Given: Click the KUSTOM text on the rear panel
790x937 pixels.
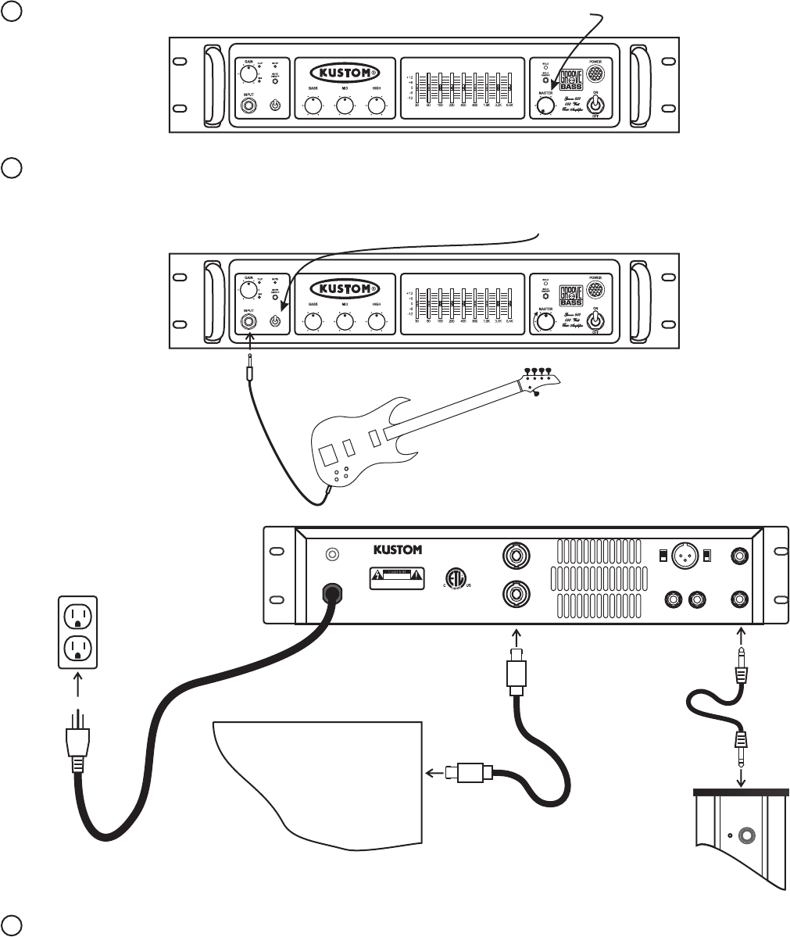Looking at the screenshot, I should coord(397,550).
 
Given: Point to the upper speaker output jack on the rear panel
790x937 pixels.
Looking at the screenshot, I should coord(516,556).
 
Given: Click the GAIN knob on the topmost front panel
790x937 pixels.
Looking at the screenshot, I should coord(248,74).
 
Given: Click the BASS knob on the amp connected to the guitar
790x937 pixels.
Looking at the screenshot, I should coord(313,321).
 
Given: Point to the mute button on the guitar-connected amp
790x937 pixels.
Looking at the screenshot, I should coord(274,321).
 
